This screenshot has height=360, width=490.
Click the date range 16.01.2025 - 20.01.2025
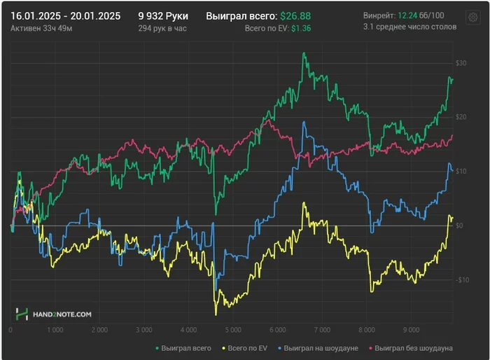click(65, 15)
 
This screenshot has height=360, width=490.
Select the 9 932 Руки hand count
click(163, 15)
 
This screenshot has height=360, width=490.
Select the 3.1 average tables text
click(410, 27)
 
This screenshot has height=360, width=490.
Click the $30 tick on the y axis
click(461, 64)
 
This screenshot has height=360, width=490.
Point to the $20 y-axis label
click(461, 116)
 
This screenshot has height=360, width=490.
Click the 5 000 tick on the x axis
click(232, 329)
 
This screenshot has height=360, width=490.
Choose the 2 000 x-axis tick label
click(99, 329)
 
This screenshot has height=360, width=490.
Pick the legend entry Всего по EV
click(245, 347)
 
